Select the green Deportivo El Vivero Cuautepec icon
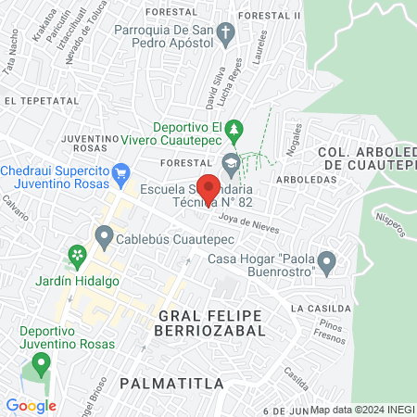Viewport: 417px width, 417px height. pyautogui.click(x=236, y=127)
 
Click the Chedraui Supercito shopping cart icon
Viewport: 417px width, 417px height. pyautogui.click(x=120, y=172)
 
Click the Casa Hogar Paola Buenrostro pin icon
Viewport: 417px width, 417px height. pyautogui.click(x=326, y=263)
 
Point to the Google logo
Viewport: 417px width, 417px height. pyautogui.click(x=31, y=405)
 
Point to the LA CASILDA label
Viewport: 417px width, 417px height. pyautogui.click(x=320, y=308)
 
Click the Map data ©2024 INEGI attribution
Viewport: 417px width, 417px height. pyautogui.click(x=362, y=410)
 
